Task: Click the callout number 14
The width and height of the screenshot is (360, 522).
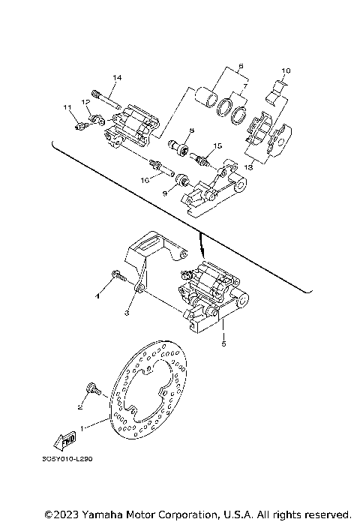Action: [x=117, y=78]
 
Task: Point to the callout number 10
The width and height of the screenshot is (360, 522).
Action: [x=285, y=71]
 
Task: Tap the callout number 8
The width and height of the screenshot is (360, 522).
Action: [x=191, y=130]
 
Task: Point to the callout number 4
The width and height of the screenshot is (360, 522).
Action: [x=97, y=296]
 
